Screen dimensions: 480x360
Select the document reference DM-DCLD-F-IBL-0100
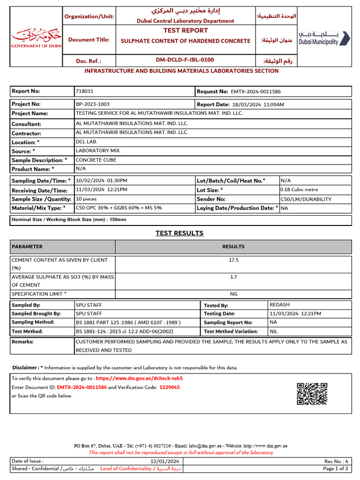point(185,60)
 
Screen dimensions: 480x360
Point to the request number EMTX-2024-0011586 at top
point(255,92)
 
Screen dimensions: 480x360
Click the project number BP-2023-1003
point(92,104)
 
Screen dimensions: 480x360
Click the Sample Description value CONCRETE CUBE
point(96,160)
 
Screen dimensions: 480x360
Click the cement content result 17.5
point(233,260)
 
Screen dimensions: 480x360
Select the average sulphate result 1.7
point(233,277)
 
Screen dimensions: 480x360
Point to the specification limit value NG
point(233,294)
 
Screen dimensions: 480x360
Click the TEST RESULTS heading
point(180,233)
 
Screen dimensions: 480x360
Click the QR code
point(312,393)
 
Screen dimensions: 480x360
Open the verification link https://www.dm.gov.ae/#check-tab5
point(139,378)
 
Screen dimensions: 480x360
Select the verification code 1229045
point(170,387)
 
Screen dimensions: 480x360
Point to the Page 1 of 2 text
point(336,468)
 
